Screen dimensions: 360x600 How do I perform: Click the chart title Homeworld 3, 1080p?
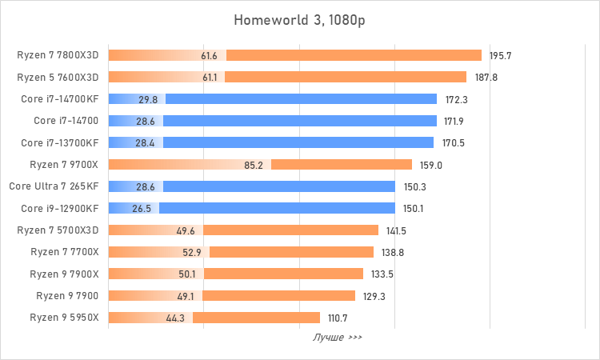point(299,19)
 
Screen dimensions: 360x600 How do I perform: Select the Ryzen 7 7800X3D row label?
point(58,55)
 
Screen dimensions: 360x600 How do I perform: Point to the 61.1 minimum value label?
point(210,78)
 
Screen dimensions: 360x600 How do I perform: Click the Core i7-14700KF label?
point(61,99)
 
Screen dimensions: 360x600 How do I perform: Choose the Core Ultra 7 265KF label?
point(54,186)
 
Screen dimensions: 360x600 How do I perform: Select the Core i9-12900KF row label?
point(60,209)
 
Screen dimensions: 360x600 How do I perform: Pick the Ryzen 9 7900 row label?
point(67,296)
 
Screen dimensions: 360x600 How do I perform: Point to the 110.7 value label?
point(337,318)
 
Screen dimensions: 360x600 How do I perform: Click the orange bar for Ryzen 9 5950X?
point(256,318)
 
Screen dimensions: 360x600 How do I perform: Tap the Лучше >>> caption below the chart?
point(338,338)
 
